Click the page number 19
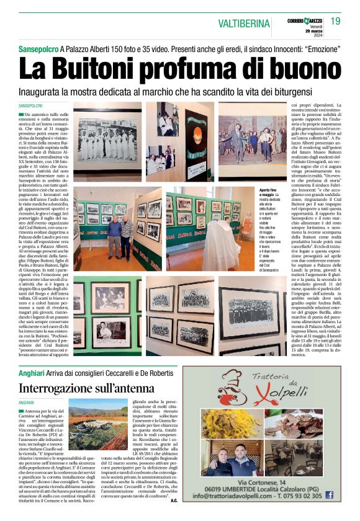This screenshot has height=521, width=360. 335,22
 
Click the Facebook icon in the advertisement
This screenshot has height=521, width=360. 329,495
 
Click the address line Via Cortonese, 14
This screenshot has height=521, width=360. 279,482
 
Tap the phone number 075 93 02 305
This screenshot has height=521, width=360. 299,496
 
